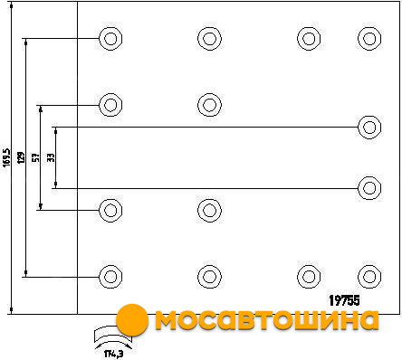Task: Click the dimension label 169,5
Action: (x=6, y=157)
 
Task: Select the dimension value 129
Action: (x=21, y=157)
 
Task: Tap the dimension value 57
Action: (x=36, y=157)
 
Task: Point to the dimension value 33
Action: (x=51, y=157)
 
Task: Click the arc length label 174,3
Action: (x=114, y=354)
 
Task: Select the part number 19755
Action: (x=344, y=300)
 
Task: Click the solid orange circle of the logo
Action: (x=132, y=320)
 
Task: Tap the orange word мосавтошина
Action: (x=267, y=320)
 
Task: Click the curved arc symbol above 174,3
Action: (x=112, y=336)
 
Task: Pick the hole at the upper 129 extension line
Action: (x=110, y=39)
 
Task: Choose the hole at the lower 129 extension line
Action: (x=110, y=277)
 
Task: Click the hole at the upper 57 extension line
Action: (x=110, y=105)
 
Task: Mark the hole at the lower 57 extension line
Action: (x=110, y=210)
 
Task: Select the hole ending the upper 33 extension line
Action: (x=369, y=128)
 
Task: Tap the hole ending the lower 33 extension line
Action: (x=369, y=188)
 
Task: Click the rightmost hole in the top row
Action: (x=369, y=39)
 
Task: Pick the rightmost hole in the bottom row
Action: (x=369, y=277)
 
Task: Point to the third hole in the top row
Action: (x=309, y=39)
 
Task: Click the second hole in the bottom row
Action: (x=209, y=277)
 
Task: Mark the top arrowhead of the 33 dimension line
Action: (x=56, y=131)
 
